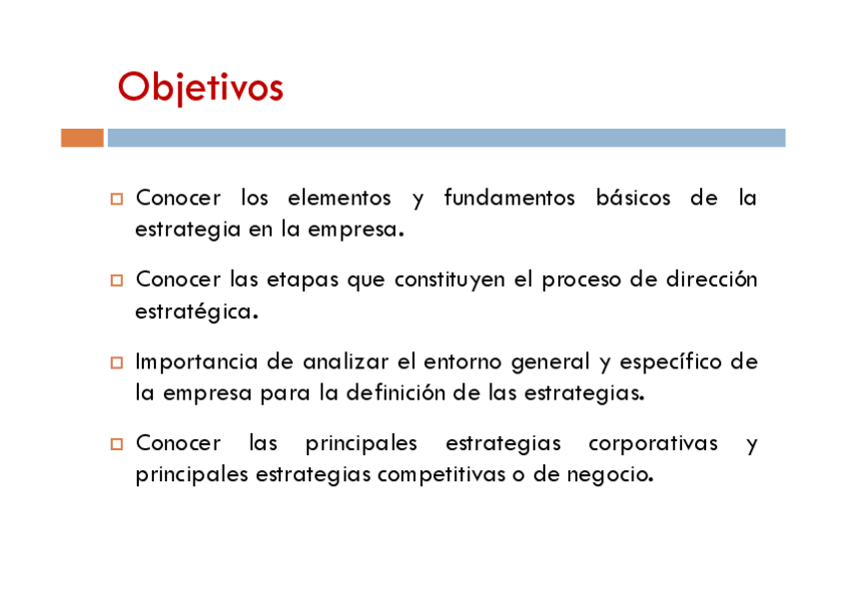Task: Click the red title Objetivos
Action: point(201,88)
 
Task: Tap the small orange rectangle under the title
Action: point(82,138)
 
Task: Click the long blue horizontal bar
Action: point(446,138)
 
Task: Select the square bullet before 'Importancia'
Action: point(117,362)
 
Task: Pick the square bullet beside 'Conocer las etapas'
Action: point(117,281)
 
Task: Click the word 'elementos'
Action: point(340,198)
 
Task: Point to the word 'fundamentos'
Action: point(509,198)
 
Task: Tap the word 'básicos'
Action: point(633,198)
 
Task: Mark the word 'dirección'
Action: point(711,280)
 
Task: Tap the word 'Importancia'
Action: point(197,362)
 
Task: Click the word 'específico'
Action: point(670,362)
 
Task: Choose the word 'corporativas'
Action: point(653,444)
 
